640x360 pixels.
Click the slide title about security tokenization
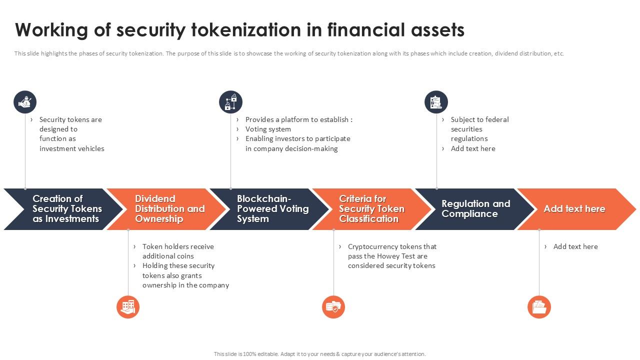click(239, 30)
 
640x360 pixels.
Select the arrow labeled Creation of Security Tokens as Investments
click(65, 209)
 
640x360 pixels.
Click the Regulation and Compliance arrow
click(475, 209)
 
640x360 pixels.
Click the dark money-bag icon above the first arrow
click(25, 102)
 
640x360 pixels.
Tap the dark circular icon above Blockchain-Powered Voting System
click(230, 102)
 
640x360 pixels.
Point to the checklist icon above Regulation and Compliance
click(436, 102)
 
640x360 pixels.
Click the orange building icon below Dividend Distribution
click(128, 306)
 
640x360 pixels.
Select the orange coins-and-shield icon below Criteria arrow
click(333, 306)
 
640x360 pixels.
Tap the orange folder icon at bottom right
click(539, 306)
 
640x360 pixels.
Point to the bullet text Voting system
click(268, 129)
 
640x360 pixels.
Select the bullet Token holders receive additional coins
click(177, 251)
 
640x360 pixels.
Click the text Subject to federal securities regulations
click(479, 129)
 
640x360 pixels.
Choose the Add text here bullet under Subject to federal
click(472, 148)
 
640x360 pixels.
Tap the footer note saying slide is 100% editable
click(319, 354)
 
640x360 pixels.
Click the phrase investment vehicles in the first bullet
click(72, 148)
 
